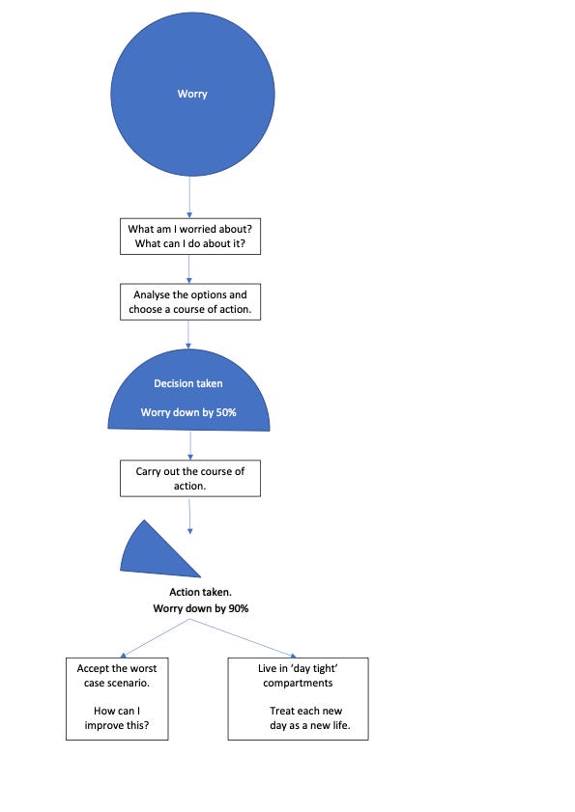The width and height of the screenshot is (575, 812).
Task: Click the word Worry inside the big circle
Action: click(192, 94)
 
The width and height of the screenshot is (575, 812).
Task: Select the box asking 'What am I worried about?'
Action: click(190, 237)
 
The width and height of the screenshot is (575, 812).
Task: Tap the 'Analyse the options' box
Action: click(190, 302)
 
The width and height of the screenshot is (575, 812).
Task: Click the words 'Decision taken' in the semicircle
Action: click(188, 383)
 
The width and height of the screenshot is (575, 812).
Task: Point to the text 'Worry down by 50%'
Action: click(188, 412)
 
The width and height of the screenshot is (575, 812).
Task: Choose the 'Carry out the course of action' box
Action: click(190, 479)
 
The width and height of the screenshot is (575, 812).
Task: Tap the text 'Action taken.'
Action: click(201, 592)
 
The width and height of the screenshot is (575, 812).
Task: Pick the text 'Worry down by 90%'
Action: click(201, 608)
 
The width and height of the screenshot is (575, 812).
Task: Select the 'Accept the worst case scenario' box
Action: click(117, 699)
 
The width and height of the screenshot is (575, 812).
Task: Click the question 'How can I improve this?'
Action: click(117, 717)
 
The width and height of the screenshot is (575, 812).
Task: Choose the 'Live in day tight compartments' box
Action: click(298, 699)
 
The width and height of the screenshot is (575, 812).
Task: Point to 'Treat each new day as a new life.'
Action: click(309, 717)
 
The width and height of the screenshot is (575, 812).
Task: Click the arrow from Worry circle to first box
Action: click(189, 197)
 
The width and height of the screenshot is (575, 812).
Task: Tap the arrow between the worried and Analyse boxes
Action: click(188, 269)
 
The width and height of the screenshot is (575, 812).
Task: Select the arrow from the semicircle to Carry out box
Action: click(190, 445)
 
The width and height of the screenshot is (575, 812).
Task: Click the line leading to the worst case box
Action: click(156, 638)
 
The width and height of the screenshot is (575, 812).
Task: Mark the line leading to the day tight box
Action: click(244, 638)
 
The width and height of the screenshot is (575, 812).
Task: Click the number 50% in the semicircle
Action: click(226, 412)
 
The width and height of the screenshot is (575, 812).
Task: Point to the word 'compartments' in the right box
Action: click(298, 683)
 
